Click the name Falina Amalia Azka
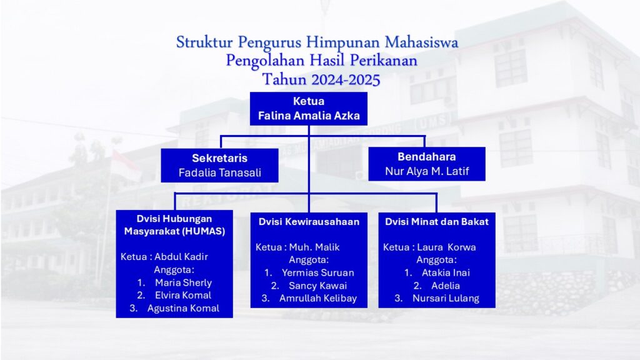(x=309, y=116)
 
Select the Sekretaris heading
(x=219, y=158)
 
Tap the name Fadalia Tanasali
(x=219, y=172)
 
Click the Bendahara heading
(x=426, y=157)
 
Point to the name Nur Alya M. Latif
(x=427, y=171)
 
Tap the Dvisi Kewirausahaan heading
(x=309, y=222)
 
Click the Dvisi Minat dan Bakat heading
(x=437, y=222)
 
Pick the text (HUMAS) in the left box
(x=203, y=231)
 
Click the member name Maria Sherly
(x=183, y=282)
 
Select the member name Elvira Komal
(x=183, y=295)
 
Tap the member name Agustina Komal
(x=183, y=308)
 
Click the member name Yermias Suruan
(x=318, y=272)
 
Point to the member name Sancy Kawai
(x=318, y=285)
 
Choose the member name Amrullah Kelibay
(x=318, y=298)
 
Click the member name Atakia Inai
(x=446, y=272)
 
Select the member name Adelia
(x=446, y=285)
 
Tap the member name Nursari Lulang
(x=446, y=298)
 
